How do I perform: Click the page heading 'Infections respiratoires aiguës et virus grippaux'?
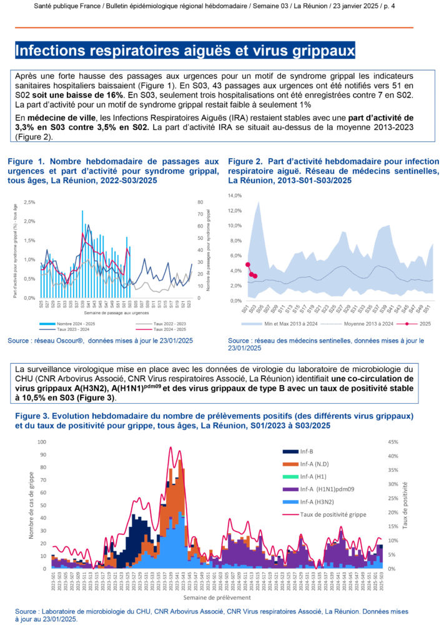[x=185, y=50]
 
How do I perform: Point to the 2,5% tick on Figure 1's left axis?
[x=29, y=202]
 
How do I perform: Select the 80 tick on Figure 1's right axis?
[x=199, y=202]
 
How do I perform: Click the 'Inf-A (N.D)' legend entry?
[x=315, y=464]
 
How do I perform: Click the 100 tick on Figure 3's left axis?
[x=42, y=442]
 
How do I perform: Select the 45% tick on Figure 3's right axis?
[x=394, y=442]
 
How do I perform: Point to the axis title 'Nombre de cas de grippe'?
[x=32, y=505]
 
